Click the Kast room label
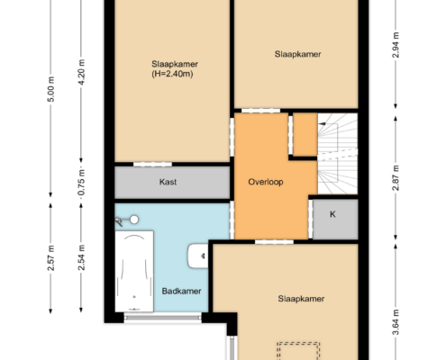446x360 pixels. click(x=168, y=182)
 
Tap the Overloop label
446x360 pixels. click(x=266, y=182)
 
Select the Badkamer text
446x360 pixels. click(x=181, y=291)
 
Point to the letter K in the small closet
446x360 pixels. click(x=332, y=214)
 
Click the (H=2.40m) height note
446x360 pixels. click(x=172, y=74)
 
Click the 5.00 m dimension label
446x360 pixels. click(x=51, y=89)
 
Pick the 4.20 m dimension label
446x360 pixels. click(x=82, y=72)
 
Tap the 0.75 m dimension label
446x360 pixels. click(x=82, y=183)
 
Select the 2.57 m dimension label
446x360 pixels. click(x=51, y=258)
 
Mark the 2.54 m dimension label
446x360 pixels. click(x=82, y=257)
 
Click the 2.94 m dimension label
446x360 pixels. click(x=396, y=45)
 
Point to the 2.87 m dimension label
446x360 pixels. click(x=396, y=178)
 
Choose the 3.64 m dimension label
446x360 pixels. click(x=396, y=322)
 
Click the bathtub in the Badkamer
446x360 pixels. click(x=134, y=271)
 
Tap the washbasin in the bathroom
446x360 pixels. click(x=198, y=256)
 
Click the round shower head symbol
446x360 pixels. click(x=134, y=220)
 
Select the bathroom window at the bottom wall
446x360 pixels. click(x=162, y=318)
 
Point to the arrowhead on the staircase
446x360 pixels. click(x=322, y=123)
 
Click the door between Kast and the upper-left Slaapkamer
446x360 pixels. click(x=152, y=164)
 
